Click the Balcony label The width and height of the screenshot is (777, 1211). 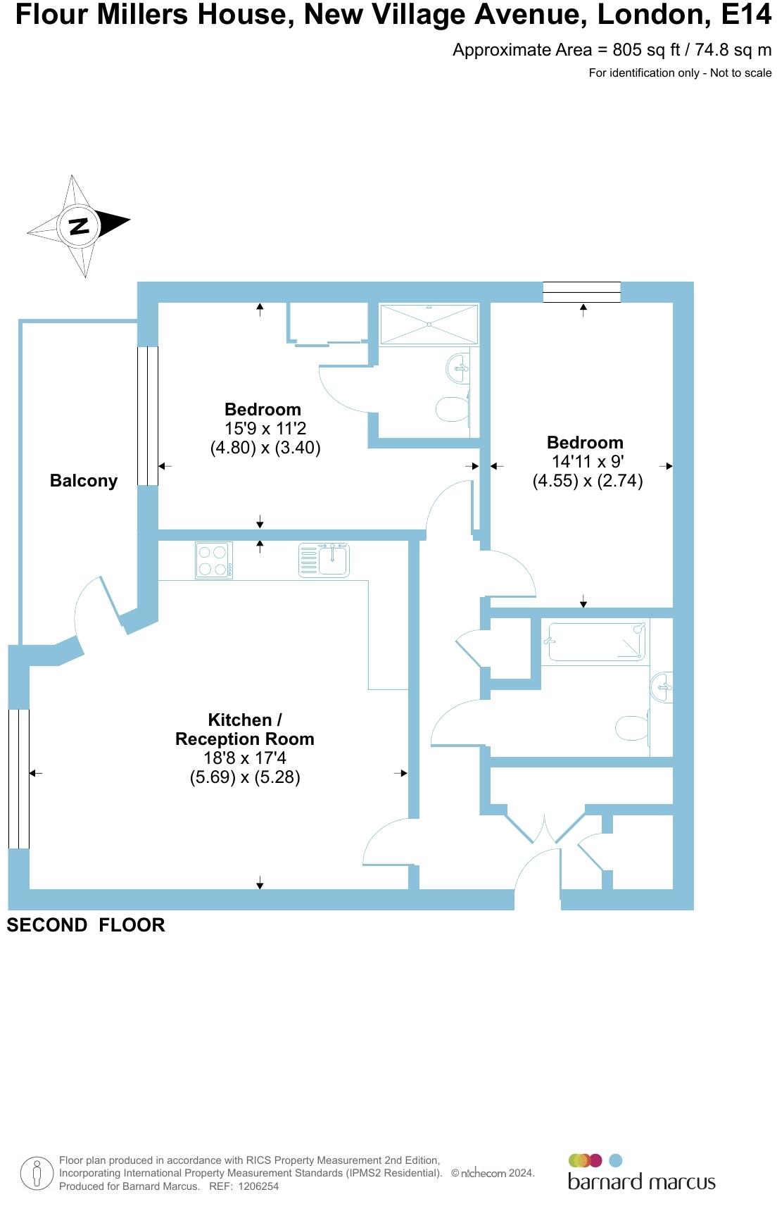tap(84, 481)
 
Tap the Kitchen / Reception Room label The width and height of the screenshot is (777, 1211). tap(245, 729)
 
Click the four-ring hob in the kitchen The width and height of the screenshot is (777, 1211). tap(213, 560)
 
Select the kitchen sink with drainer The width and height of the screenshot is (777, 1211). tap(324, 560)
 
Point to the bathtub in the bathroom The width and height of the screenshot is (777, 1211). tap(597, 642)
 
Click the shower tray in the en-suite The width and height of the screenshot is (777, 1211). tap(429, 324)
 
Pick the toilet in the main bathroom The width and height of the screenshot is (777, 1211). tap(632, 728)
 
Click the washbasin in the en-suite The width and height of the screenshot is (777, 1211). tap(457, 368)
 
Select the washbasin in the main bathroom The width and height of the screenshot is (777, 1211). tap(662, 687)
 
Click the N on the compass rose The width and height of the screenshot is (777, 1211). tap(79, 226)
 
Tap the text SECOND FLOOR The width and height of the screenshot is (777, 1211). tap(86, 925)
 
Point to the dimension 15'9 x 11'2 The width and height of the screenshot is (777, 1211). tap(265, 428)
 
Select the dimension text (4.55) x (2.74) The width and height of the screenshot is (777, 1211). tap(588, 481)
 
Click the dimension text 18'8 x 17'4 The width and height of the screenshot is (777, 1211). tap(245, 758)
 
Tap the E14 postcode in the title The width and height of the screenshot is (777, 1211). tap(746, 14)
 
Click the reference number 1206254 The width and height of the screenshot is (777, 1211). tap(259, 1186)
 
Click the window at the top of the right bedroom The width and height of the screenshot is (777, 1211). tap(581, 292)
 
